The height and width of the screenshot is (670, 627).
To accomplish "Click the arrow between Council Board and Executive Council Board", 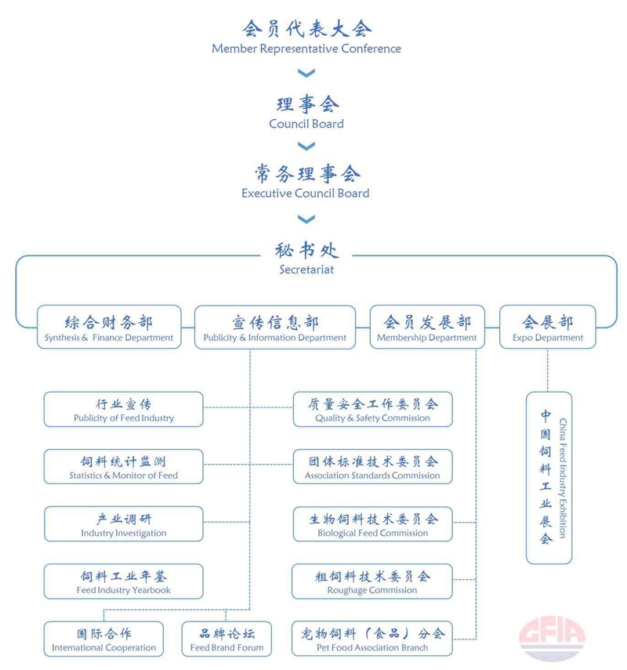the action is click(306, 146).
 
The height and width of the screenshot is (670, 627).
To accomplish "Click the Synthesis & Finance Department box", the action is click(109, 327).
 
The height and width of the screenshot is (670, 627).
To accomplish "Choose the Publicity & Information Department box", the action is click(275, 327).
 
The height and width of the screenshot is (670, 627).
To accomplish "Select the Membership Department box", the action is click(427, 327).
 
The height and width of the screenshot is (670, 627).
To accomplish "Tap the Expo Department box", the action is click(548, 327).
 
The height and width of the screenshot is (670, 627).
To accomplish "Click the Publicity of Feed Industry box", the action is click(124, 409).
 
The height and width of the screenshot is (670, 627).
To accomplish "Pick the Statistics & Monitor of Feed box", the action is click(124, 466).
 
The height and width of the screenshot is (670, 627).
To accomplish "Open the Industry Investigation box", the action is click(124, 524).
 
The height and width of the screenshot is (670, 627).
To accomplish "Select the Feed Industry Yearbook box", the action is click(124, 581).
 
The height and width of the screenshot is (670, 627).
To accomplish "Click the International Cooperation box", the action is click(104, 639).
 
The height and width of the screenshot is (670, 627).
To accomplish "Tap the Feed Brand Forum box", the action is click(227, 639).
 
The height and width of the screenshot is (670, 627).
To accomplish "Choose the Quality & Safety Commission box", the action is click(373, 409).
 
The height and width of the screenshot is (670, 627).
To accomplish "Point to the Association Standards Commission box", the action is click(373, 466).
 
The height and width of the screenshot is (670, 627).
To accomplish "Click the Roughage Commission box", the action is click(371, 581).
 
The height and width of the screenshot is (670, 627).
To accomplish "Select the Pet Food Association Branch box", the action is click(371, 639).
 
